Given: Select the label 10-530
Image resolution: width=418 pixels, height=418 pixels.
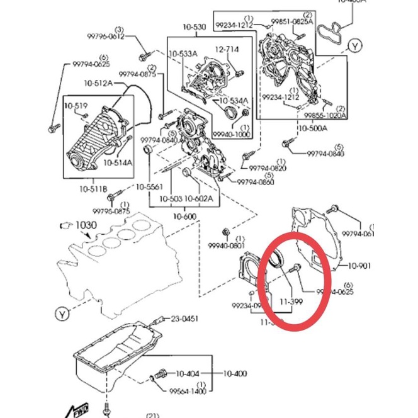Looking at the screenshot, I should pyautogui.click(x=193, y=28).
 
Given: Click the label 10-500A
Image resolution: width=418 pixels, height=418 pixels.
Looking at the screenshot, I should pyautogui.click(x=313, y=128).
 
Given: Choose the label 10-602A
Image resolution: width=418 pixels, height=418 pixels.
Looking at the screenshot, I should pyautogui.click(x=199, y=199).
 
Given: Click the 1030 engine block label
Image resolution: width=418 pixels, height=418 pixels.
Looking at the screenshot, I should pyautogui.click(x=86, y=225).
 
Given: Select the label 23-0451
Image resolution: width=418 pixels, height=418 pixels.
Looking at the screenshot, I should pyautogui.click(x=184, y=319).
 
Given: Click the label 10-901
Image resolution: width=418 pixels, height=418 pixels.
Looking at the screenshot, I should pyautogui.click(x=359, y=266).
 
